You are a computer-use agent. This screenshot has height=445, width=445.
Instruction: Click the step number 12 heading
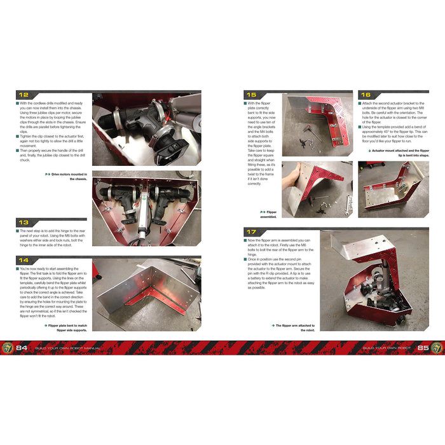click(24, 95)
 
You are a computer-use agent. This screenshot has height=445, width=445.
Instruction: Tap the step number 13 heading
click(24, 222)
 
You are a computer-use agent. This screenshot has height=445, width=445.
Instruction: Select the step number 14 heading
click(24, 260)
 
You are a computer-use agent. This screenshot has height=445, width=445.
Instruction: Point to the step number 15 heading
click(251, 95)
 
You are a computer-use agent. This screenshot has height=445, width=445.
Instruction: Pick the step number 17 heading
click(251, 233)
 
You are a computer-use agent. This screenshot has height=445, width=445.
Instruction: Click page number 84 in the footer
click(22, 348)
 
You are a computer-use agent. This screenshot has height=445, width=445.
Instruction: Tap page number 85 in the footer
click(421, 348)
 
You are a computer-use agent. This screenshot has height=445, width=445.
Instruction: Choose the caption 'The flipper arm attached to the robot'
click(294, 327)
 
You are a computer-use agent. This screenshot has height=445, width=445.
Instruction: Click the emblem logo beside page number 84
click(7, 348)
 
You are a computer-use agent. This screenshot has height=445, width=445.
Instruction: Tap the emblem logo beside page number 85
click(437, 348)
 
